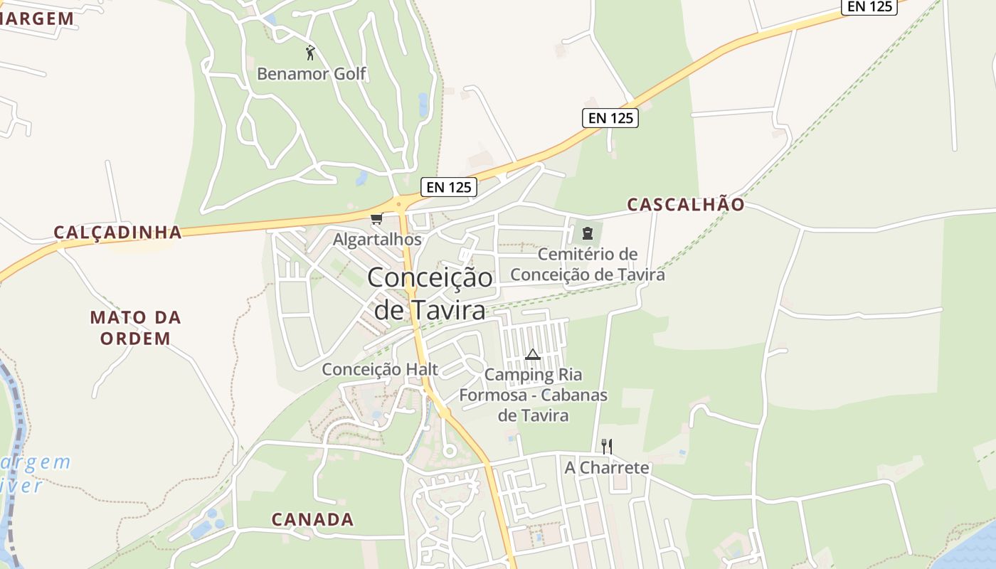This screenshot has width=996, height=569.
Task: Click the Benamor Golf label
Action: click(312, 73)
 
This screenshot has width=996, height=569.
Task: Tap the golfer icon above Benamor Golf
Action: click(309, 52)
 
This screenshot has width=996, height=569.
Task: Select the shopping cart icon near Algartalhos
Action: click(376, 218)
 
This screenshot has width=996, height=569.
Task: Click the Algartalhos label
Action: click(377, 240)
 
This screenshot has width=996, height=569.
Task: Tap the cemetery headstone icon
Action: click(587, 233)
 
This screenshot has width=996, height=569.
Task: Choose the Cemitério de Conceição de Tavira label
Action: click(588, 264)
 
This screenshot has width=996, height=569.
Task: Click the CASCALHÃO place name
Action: click(686, 205)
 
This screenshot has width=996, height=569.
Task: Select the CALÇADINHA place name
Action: click(118, 233)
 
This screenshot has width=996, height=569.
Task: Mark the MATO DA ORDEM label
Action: click(135, 327)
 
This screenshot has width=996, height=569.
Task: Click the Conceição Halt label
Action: click(380, 369)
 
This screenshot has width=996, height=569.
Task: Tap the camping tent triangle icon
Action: click(533, 354)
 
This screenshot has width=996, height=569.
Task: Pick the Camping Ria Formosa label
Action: click(534, 395)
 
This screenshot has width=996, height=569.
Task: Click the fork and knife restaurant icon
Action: click(607, 446)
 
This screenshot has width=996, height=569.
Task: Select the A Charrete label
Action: click(607, 467)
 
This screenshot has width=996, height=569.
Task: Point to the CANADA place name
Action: click(312, 519)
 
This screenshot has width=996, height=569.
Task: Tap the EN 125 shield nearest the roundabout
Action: click(448, 187)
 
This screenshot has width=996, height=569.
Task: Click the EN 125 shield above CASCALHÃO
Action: click(610, 118)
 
